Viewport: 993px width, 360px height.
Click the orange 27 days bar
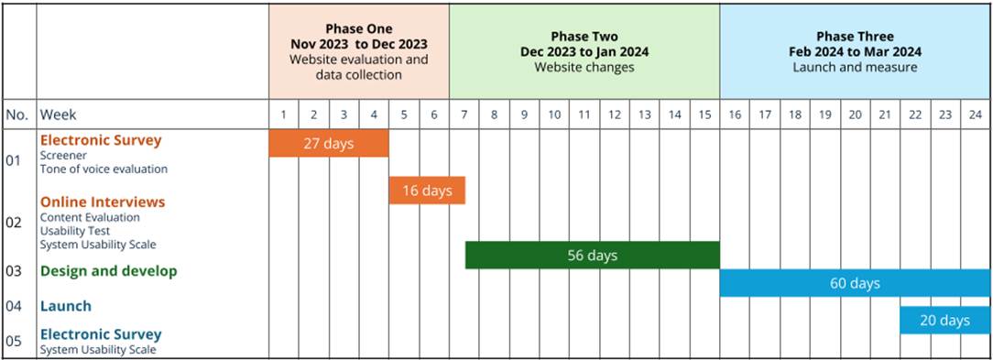[328, 143]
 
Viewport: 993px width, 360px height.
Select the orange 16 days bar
[427, 191]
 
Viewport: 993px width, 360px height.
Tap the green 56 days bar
[592, 255]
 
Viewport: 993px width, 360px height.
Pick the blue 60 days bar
[855, 283]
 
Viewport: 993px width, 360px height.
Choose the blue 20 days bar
[944, 320]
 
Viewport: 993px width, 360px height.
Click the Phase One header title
[359, 29]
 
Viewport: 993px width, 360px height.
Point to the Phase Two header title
[584, 37]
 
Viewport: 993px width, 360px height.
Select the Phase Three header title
[855, 37]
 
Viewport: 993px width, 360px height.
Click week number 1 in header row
[284, 115]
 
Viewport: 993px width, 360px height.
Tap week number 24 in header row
[975, 115]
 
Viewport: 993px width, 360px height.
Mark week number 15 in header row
[704, 115]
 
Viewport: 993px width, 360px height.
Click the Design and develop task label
[108, 271]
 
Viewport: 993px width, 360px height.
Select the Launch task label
[65, 306]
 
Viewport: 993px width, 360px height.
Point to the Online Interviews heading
[102, 202]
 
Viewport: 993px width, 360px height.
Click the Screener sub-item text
[63, 156]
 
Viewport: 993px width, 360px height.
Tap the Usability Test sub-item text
[74, 231]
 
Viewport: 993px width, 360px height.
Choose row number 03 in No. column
[13, 271]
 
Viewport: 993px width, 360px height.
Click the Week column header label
[58, 115]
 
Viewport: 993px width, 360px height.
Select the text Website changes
[584, 67]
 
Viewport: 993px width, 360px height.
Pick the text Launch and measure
[855, 67]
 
